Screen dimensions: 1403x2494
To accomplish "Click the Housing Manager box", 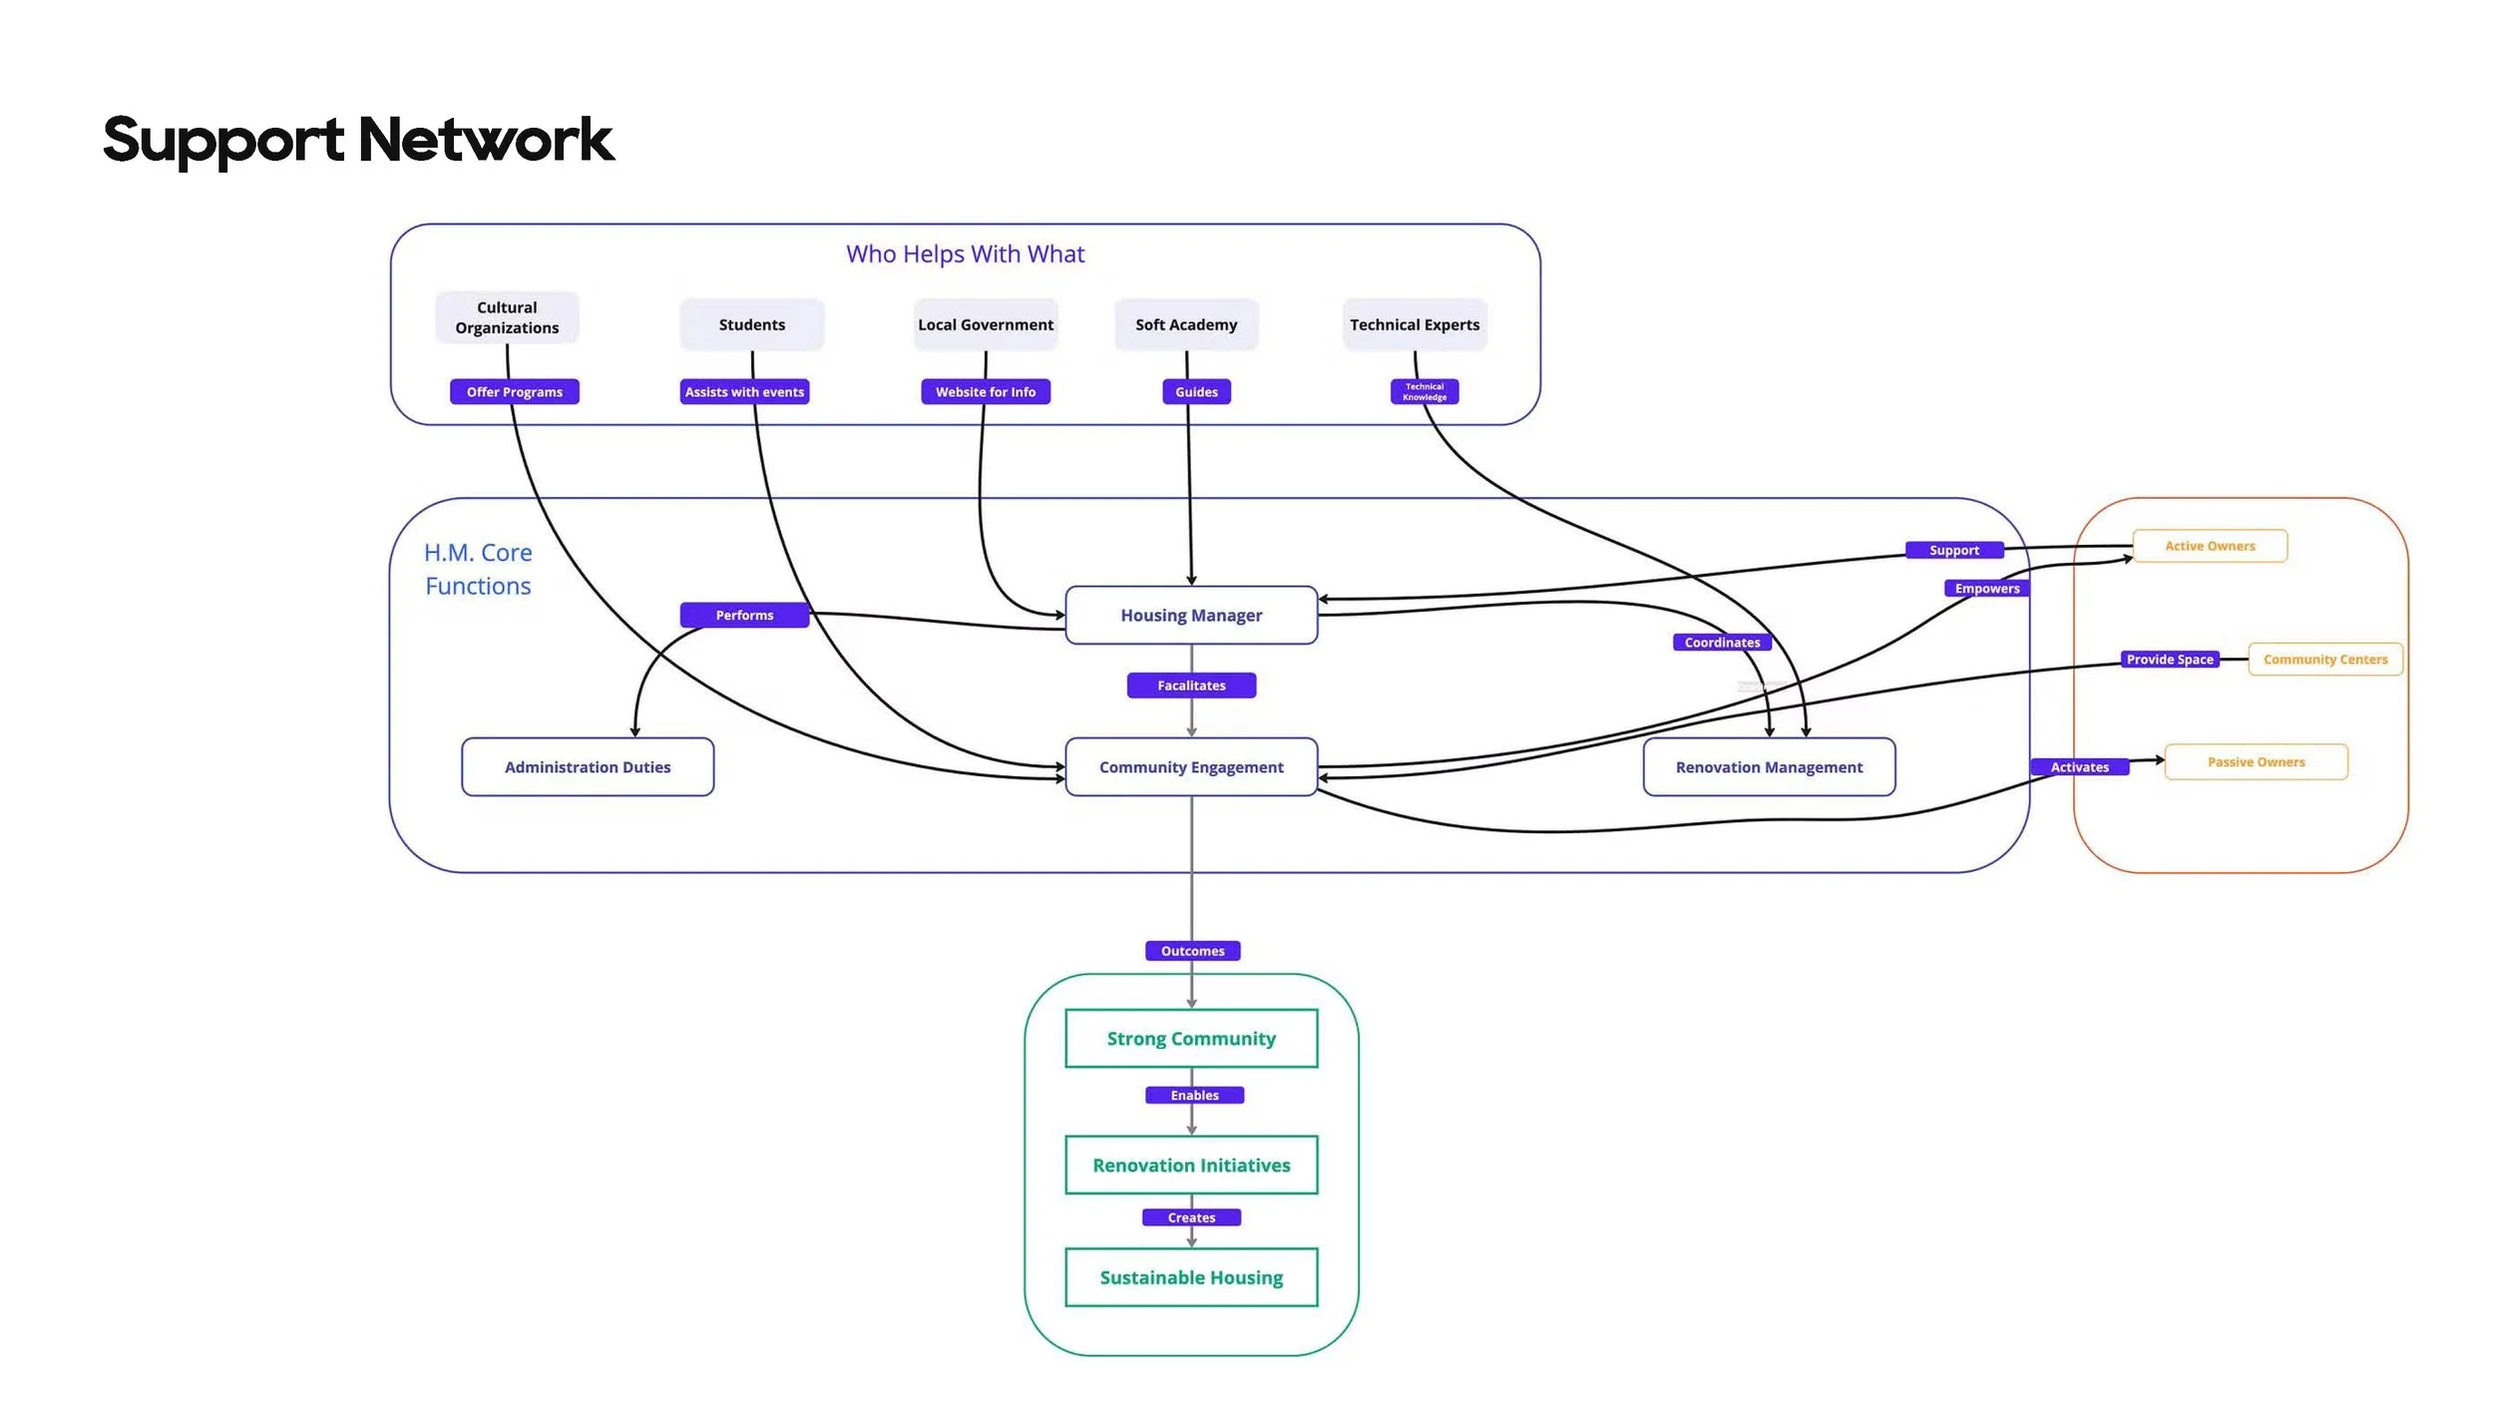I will click(x=1191, y=616).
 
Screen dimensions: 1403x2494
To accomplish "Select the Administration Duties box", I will click(x=588, y=767).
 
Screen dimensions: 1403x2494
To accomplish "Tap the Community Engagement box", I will click(x=1191, y=767).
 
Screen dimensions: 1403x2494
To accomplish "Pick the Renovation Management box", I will click(x=1769, y=767).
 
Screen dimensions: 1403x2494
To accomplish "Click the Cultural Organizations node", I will click(x=507, y=317).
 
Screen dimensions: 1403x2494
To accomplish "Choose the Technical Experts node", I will click(x=1415, y=324).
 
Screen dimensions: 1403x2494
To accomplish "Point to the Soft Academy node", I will click(x=1186, y=324).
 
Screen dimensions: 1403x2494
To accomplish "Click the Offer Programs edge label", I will click(x=515, y=392).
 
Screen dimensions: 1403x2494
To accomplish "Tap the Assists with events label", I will click(x=744, y=392).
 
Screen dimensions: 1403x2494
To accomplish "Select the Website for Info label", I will click(x=986, y=392).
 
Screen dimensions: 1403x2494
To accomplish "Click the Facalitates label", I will click(x=1191, y=686).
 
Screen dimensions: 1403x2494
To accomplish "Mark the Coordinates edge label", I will click(x=1722, y=643).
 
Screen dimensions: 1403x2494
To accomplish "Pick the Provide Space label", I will click(x=2170, y=660).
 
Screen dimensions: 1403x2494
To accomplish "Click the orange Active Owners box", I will click(x=2210, y=546).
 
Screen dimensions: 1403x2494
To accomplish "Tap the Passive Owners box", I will click(x=2256, y=762).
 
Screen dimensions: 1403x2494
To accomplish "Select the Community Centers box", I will click(x=2325, y=660).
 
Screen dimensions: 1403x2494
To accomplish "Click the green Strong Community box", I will click(x=1191, y=1039).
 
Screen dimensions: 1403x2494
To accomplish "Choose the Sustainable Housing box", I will click(x=1191, y=1277).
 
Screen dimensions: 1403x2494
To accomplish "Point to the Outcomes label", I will click(x=1192, y=951).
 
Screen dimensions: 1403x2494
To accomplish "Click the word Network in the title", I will click(x=485, y=140).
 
